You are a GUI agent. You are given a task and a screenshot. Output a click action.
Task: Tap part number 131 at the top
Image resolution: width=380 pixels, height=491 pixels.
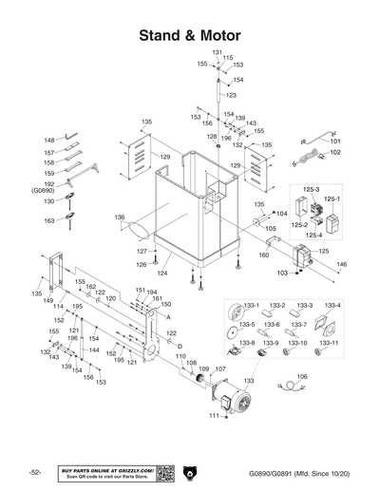click(x=217, y=51)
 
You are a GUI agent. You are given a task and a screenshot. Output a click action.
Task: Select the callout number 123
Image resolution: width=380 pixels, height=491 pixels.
click(x=231, y=95)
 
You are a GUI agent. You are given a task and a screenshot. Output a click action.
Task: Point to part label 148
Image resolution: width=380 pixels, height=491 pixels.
click(x=49, y=141)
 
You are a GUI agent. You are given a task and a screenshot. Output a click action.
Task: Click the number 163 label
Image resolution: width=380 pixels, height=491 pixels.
click(x=49, y=220)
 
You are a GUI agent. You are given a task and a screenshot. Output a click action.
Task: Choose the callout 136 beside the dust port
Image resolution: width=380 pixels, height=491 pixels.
click(x=120, y=217)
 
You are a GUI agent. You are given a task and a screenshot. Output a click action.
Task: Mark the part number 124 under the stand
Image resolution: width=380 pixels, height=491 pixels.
click(x=163, y=273)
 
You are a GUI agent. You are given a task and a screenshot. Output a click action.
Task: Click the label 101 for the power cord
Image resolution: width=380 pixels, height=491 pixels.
click(x=334, y=142)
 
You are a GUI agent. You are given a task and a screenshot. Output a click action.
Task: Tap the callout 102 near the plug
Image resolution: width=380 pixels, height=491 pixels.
click(x=334, y=153)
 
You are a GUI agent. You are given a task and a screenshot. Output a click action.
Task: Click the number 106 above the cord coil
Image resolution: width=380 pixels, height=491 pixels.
click(x=303, y=377)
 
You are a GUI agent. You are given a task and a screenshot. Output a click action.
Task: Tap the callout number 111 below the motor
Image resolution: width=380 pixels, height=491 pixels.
click(x=214, y=416)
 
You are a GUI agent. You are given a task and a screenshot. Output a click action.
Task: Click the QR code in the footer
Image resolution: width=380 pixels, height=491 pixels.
click(x=163, y=472)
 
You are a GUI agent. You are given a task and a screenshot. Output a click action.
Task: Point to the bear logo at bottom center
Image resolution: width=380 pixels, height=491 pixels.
click(x=191, y=472)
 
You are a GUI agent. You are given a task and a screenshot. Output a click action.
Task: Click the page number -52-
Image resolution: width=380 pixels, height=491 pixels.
click(x=34, y=472)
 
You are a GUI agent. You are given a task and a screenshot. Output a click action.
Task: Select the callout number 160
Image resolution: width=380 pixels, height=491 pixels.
click(x=264, y=255)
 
